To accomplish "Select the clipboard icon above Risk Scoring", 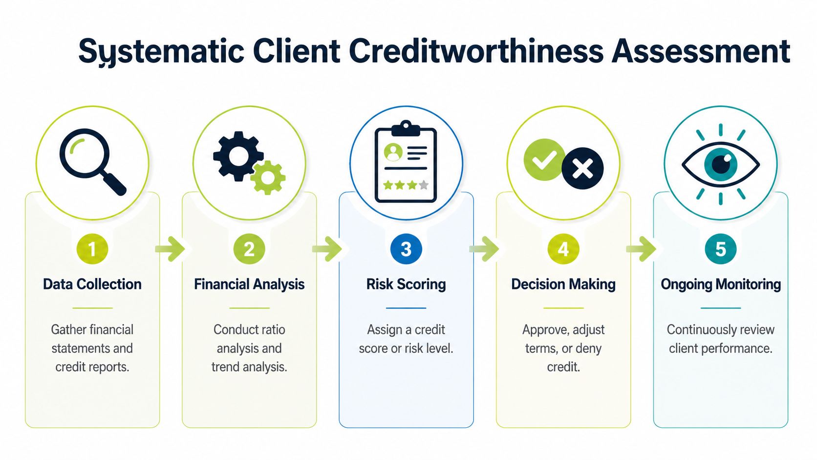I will point(406,162).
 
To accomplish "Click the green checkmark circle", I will point(544,159).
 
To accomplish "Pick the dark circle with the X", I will point(582,169).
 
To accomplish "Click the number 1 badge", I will point(92,249).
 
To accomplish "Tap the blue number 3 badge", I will point(406,249).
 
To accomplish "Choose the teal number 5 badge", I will point(720,249).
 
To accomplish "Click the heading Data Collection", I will point(92,284).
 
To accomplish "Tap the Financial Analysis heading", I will point(249,284).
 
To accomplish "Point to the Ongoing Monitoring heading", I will point(721,284).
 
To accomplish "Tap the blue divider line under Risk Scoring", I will point(406,308).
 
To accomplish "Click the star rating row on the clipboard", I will point(406,185).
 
